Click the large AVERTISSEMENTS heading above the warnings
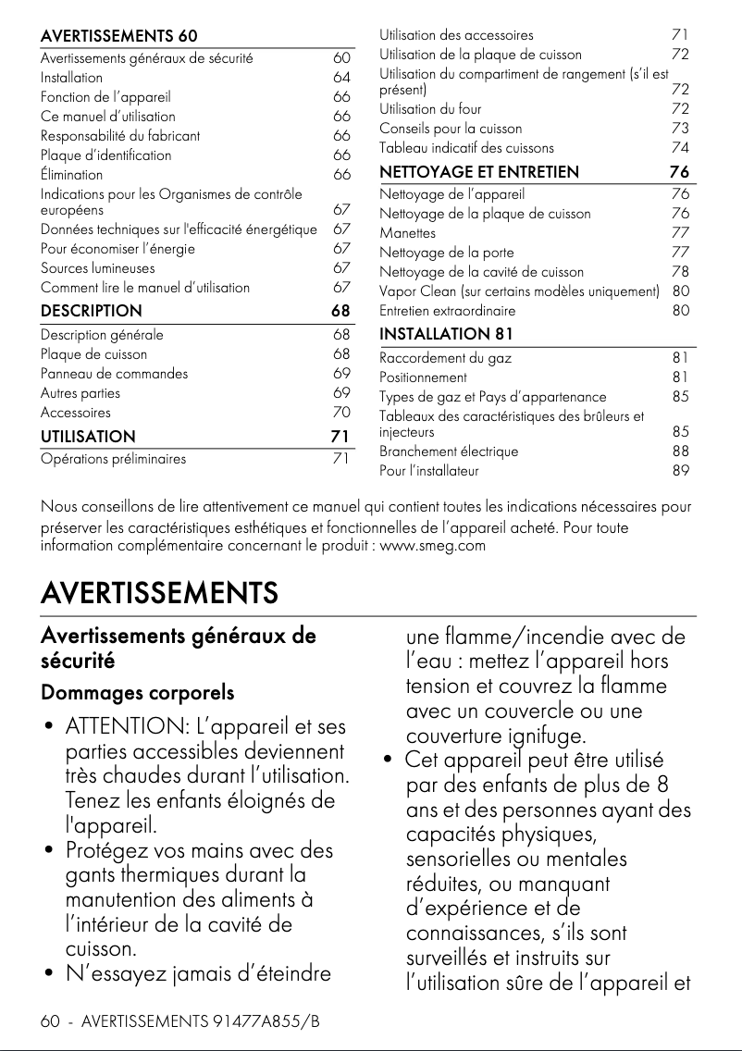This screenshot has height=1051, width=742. pyautogui.click(x=159, y=591)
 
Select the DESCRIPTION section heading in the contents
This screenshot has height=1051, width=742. pyautogui.click(x=92, y=311)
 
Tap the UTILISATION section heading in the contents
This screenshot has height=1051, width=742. pyautogui.click(x=88, y=437)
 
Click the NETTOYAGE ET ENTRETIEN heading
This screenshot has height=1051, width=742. pyautogui.click(x=479, y=171)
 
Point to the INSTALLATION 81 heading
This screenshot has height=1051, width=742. pyautogui.click(x=446, y=333)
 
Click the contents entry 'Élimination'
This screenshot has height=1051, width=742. pyautogui.click(x=72, y=175)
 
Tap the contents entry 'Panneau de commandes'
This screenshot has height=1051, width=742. pyautogui.click(x=114, y=374)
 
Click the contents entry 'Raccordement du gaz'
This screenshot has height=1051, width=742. pyautogui.click(x=445, y=357)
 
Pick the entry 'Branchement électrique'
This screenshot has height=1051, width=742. pyautogui.click(x=449, y=451)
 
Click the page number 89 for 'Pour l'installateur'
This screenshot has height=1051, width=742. pyautogui.click(x=681, y=471)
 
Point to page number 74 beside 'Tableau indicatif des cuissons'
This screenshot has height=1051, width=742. pyautogui.click(x=681, y=148)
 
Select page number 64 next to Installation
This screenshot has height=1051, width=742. pyautogui.click(x=341, y=78)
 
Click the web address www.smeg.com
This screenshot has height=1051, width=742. pyautogui.click(x=432, y=546)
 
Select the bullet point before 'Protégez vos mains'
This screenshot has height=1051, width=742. pyautogui.click(x=47, y=850)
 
